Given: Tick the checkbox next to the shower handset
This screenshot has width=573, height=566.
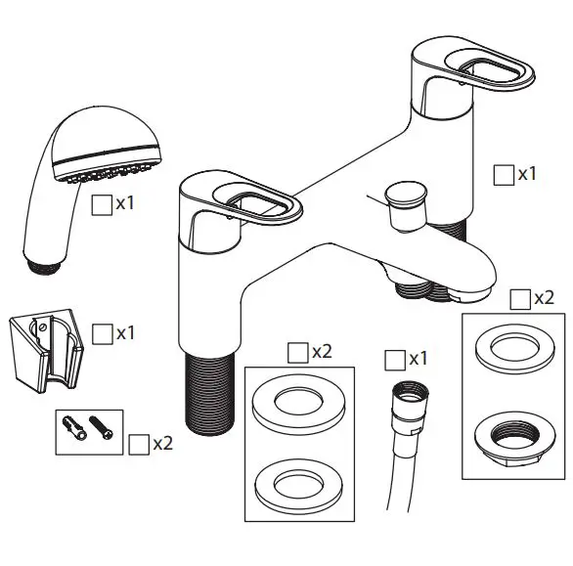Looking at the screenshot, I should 101,204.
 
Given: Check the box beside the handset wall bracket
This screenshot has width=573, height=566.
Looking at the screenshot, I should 102,332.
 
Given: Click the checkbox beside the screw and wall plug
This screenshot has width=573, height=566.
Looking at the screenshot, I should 139,443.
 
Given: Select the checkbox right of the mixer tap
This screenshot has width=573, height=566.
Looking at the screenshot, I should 504,174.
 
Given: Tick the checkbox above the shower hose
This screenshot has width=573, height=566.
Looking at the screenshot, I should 395,359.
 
